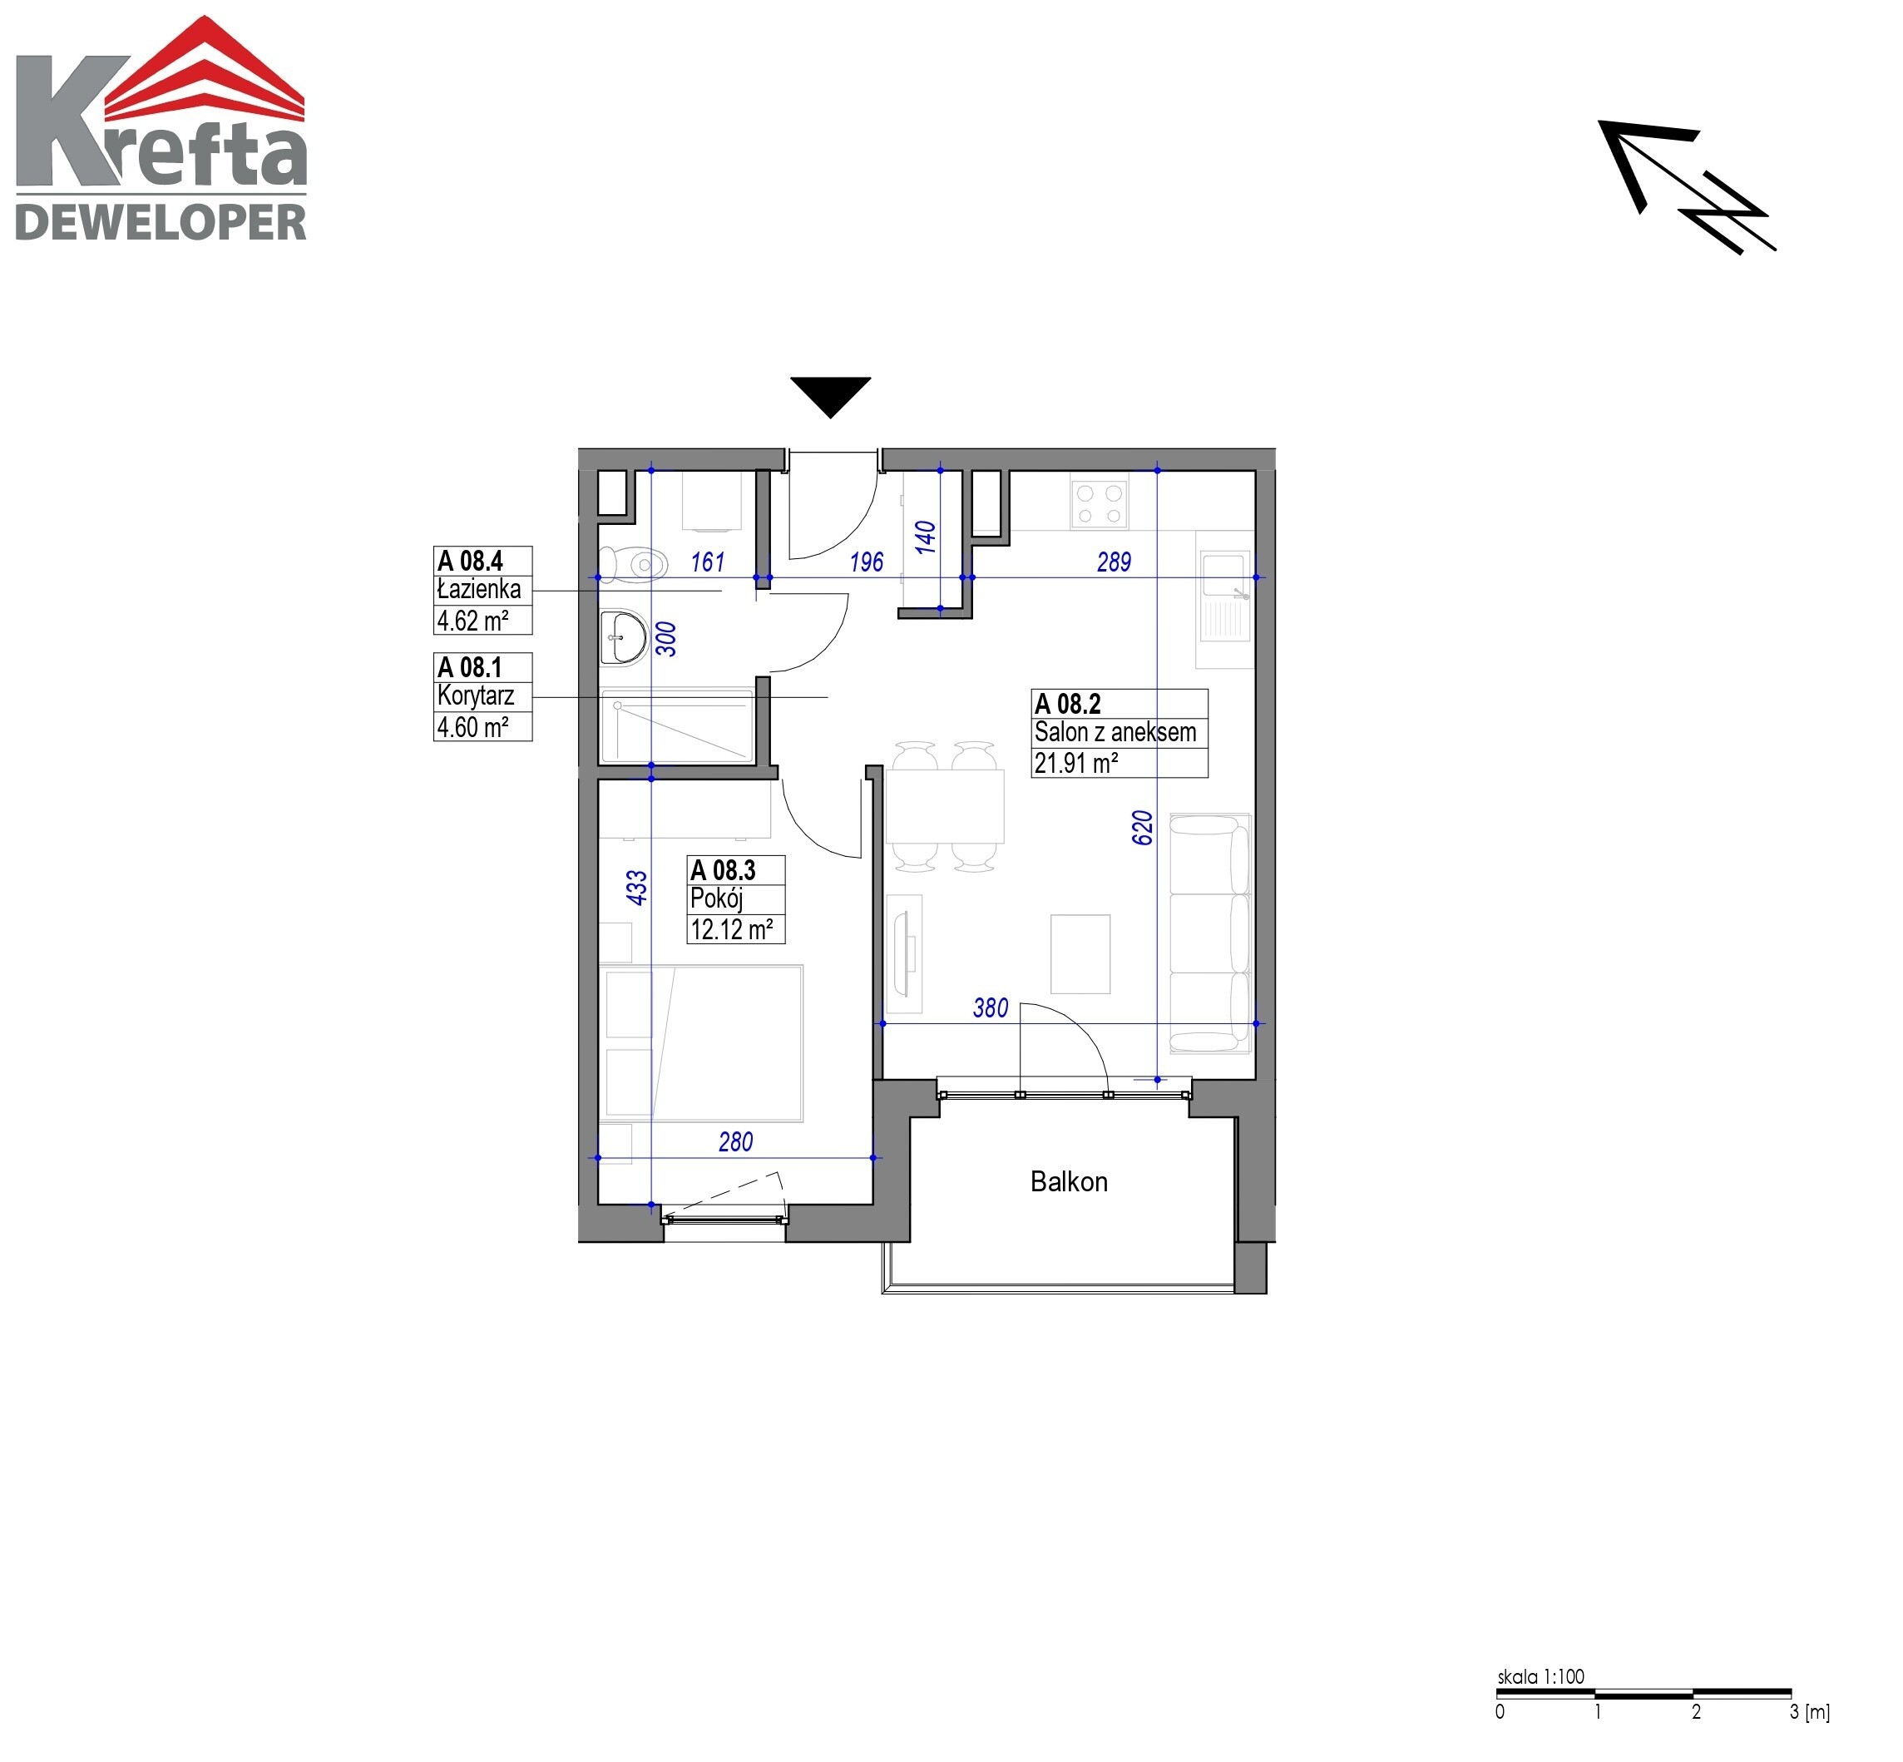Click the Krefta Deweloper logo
pos(161,128)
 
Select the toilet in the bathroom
pos(631,563)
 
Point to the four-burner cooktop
pos(1099,503)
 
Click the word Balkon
pos(1069,1181)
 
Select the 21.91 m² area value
pos(1075,763)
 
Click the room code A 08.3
pos(722,869)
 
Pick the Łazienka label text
pos(478,589)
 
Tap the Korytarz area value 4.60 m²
pos(472,726)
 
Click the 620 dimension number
pos(1142,828)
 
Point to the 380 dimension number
pos(990,1007)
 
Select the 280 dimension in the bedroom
pos(735,1141)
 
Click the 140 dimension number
pos(925,537)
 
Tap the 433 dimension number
pos(636,888)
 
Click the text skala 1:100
pos(1540,1676)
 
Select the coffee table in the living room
pos(1080,953)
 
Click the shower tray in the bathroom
pos(677,725)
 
